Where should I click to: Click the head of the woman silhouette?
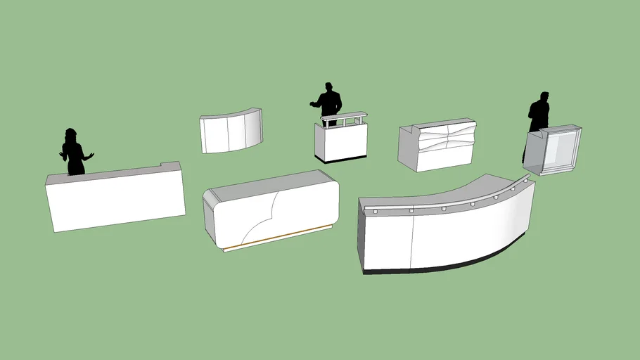pos(70,134)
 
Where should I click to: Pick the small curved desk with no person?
pos(230,131)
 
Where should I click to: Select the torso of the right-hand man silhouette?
pos(539,116)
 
